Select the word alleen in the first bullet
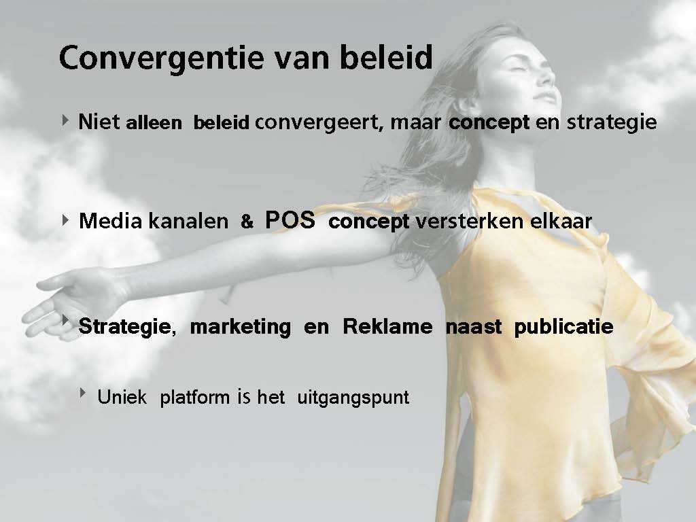click(154, 123)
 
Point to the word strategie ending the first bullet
click(612, 123)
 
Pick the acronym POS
click(290, 220)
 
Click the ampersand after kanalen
click(247, 221)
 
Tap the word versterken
click(468, 221)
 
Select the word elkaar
click(559, 221)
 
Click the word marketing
click(241, 327)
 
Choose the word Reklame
click(387, 327)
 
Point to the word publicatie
click(563, 327)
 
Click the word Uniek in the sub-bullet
click(122, 397)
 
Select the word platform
click(196, 397)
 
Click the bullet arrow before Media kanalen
click(66, 220)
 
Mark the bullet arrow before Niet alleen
click(66, 120)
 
